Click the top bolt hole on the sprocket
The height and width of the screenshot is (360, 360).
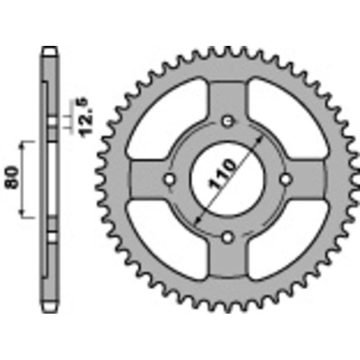pos(228,121)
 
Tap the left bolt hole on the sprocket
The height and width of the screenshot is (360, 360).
pos(170,179)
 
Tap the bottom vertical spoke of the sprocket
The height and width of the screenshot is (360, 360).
pos(228,261)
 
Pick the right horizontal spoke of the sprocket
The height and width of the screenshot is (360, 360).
pos(310,179)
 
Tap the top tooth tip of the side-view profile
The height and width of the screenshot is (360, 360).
pos(50,49)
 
